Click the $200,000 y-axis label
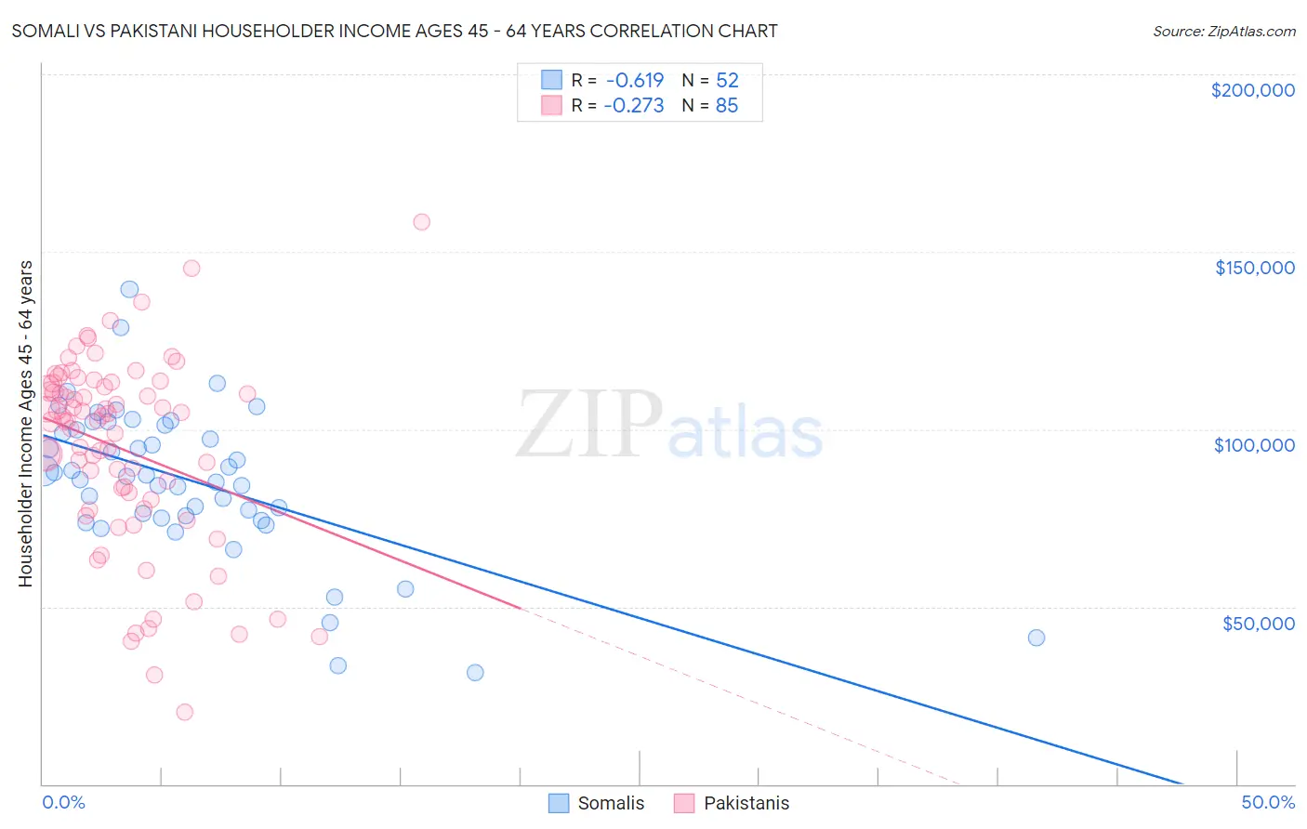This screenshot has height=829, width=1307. tap(1252, 90)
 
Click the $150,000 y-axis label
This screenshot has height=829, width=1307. tap(1254, 268)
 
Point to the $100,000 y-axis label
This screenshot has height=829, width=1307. tap(1254, 445)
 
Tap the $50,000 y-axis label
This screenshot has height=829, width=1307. tap(1258, 623)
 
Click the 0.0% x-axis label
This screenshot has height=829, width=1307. tap(63, 802)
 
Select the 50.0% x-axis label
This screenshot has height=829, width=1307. tap(1268, 802)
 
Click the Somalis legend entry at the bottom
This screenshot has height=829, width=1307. tap(610, 803)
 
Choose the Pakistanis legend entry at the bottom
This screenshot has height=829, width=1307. tap(746, 803)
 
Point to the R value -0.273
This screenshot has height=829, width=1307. tap(633, 106)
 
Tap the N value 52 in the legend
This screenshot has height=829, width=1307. tap(727, 81)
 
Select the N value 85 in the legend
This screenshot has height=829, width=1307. tap(727, 106)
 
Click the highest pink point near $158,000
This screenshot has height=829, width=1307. tap(421, 222)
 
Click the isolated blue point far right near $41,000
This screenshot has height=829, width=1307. tap(1036, 638)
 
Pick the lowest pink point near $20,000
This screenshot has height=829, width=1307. tap(185, 712)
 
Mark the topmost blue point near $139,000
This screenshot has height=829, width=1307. tap(129, 289)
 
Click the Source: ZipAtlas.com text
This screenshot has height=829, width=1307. tap(1223, 32)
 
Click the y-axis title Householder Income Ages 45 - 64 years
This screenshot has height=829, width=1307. tap(26, 424)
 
